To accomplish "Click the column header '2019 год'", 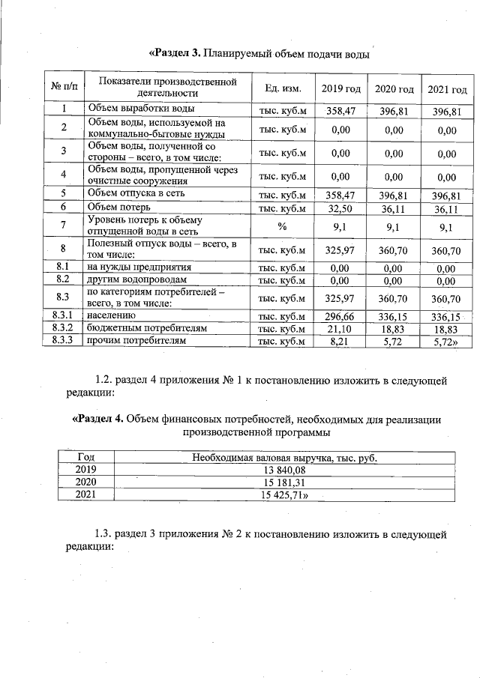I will pyautogui.click(x=341, y=89).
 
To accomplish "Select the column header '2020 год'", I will pyautogui.click(x=394, y=89).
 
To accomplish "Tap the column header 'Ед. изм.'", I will pyautogui.click(x=282, y=89).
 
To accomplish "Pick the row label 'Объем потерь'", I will pyautogui.click(x=119, y=206).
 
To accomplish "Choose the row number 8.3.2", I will pyautogui.click(x=64, y=329).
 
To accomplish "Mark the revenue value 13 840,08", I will pyautogui.click(x=284, y=470).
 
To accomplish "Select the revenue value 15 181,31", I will pyautogui.click(x=284, y=482).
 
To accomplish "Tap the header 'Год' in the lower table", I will pyautogui.click(x=87, y=457).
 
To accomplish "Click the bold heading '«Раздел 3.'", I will pyautogui.click(x=175, y=52).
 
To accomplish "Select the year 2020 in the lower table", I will pyautogui.click(x=87, y=482).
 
